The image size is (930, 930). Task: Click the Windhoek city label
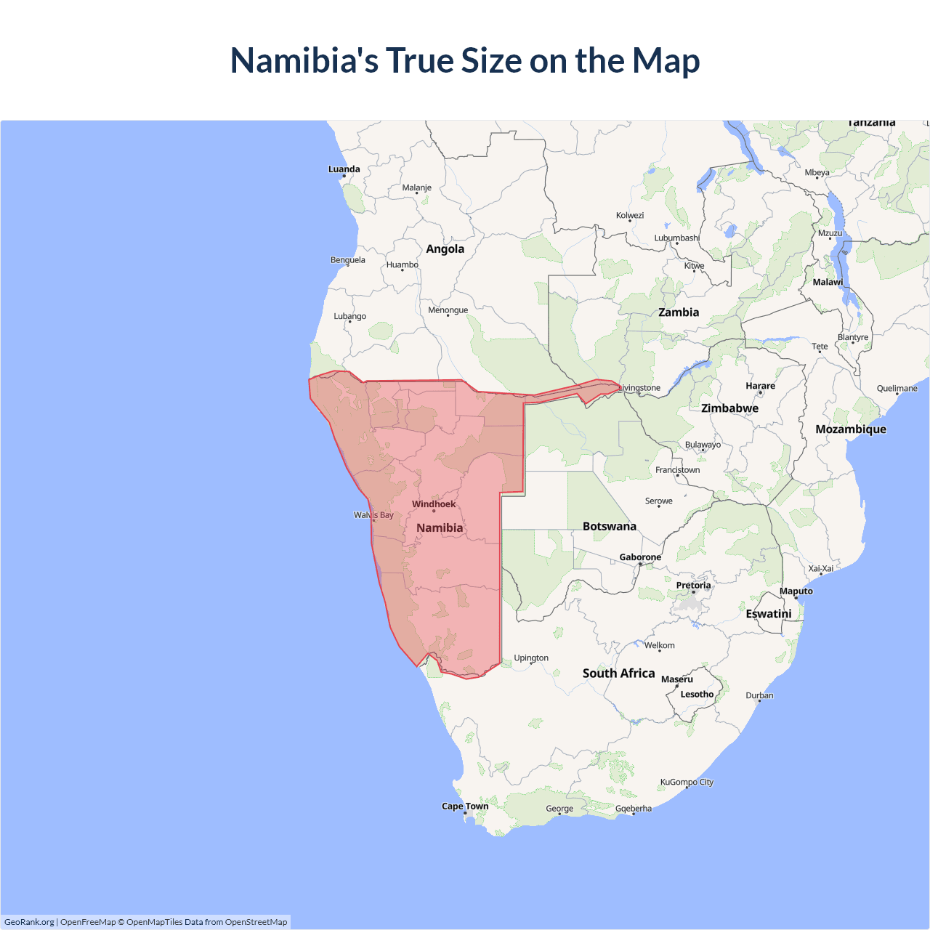(x=434, y=504)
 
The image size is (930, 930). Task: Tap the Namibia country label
(x=440, y=528)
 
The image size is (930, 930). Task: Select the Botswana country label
(x=609, y=527)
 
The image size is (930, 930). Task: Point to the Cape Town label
(x=465, y=806)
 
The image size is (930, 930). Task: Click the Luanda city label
(x=344, y=169)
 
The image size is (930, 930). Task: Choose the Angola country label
(x=445, y=249)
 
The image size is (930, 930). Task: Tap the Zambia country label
(x=679, y=312)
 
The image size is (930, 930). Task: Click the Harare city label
(x=760, y=386)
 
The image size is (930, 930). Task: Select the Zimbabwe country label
(x=729, y=408)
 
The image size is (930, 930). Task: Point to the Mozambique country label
(x=851, y=429)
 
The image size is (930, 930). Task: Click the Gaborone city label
(x=640, y=557)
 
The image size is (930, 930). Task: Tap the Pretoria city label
(x=693, y=586)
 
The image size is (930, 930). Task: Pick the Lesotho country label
(x=697, y=695)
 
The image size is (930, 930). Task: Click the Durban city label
(x=759, y=695)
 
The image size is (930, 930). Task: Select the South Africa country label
(x=618, y=674)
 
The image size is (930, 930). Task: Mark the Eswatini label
(x=768, y=614)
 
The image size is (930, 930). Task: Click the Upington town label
(x=531, y=658)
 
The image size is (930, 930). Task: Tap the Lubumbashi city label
(x=676, y=238)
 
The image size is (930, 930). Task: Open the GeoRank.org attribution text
(x=29, y=922)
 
